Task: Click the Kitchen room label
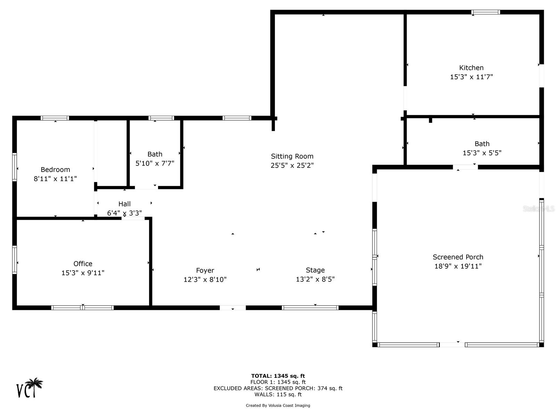click(471, 68)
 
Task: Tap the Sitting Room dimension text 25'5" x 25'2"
click(292, 165)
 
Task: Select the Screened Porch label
click(458, 257)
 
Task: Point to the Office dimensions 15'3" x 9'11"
click(83, 273)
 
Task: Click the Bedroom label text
click(55, 170)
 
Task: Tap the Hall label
click(124, 204)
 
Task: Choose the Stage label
click(315, 270)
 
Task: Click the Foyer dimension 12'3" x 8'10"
click(205, 279)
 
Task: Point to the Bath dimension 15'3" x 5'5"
click(482, 153)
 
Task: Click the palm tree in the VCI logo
click(35, 385)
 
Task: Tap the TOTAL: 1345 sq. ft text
click(278, 376)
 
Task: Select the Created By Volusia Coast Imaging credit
click(278, 405)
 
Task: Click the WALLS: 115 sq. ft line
click(278, 394)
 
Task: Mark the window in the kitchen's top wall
click(485, 12)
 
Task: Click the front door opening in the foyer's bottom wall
click(232, 308)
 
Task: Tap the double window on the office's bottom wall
click(82, 308)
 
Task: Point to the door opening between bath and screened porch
click(465, 167)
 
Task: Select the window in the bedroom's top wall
click(55, 118)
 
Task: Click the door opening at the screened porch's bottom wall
click(452, 345)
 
